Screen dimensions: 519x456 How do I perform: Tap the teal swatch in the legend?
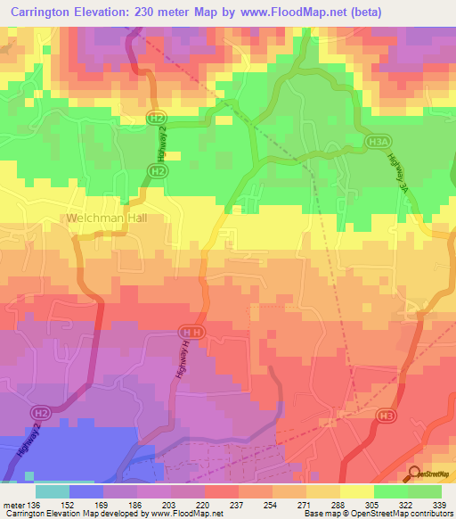pos(53,491)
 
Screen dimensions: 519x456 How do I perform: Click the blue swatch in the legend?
pos(86,491)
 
